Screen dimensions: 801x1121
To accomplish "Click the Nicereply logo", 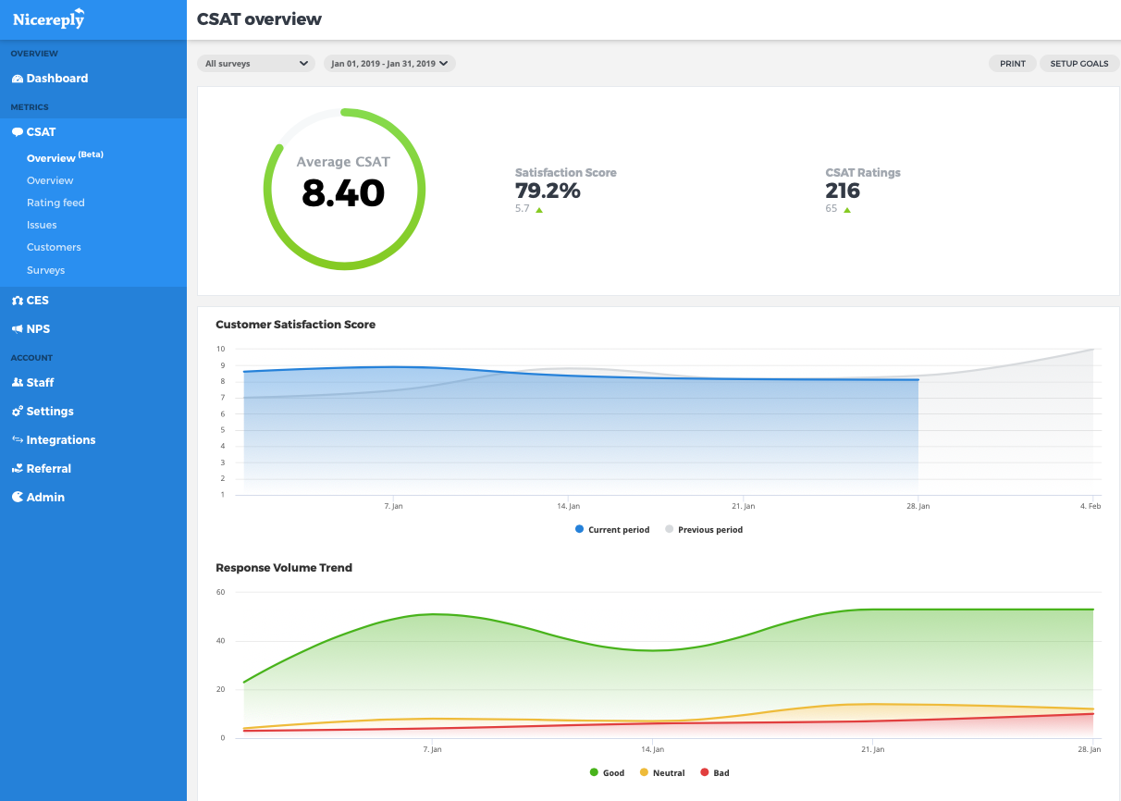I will (x=49, y=18).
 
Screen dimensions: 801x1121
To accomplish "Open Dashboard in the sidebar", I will (x=56, y=79).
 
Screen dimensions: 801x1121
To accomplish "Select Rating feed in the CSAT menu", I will (x=55, y=203).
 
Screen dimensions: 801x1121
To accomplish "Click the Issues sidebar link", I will (x=42, y=225).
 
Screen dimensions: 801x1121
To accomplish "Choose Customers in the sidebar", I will (x=54, y=247).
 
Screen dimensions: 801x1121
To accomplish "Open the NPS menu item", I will (x=38, y=329).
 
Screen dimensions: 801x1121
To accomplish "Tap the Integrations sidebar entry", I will (x=60, y=440).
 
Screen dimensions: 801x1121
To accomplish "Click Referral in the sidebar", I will (x=48, y=469).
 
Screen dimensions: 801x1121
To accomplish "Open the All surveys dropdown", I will (x=256, y=64).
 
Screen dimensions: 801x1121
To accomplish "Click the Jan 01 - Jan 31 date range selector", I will (x=389, y=64).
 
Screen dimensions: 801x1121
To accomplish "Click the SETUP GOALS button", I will (x=1078, y=64).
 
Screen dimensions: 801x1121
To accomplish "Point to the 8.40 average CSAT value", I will (x=343, y=192).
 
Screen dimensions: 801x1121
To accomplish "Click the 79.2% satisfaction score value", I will (x=548, y=191).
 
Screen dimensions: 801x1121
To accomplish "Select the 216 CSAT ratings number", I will (x=843, y=191).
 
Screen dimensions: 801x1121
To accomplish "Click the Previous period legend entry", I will (x=708, y=530).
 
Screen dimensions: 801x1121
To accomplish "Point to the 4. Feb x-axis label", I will (x=1090, y=507).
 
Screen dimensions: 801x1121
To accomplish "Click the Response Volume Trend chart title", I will (x=284, y=568).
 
